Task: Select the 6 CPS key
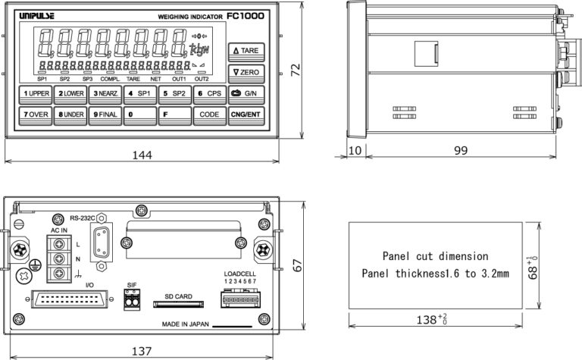click(x=210, y=93)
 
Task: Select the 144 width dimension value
click(x=142, y=155)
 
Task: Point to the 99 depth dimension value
click(x=461, y=151)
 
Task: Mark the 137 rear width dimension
click(x=141, y=351)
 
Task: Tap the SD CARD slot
click(x=179, y=305)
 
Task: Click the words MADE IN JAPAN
click(x=185, y=324)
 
